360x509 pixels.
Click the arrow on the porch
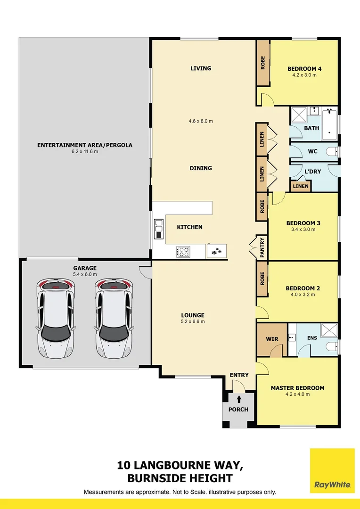coord(239,399)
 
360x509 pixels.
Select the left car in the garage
coord(56,318)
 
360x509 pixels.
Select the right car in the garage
coord(114,318)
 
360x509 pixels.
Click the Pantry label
coord(262,247)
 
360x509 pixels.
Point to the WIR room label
coord(272,339)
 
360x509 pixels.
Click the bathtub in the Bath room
coord(329,124)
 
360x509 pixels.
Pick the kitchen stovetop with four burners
coord(183,251)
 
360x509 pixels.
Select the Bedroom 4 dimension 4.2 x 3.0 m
coord(304,75)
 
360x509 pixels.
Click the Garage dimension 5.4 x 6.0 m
coord(85,274)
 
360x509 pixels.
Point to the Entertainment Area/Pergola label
coord(85,145)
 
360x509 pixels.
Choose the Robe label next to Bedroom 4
coord(262,63)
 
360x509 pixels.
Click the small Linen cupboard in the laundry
coord(300,186)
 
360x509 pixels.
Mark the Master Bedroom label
coord(297,388)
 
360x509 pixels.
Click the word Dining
coord(201,168)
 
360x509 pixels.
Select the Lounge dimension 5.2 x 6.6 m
coord(193,321)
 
